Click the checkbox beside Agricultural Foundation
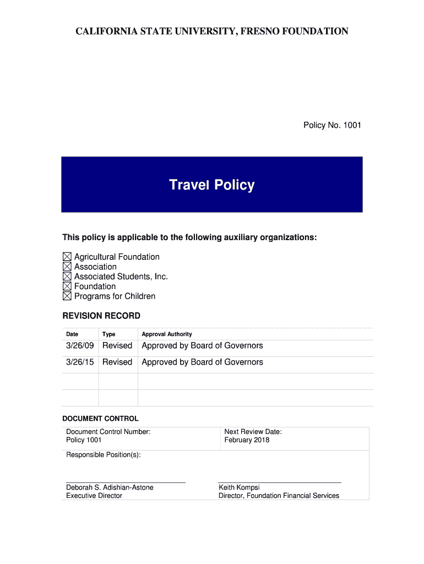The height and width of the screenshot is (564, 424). click(x=67, y=257)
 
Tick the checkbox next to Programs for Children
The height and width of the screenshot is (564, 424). click(x=67, y=296)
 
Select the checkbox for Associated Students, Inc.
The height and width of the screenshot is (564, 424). click(x=67, y=276)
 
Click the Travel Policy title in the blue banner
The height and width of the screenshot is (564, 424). click(x=211, y=185)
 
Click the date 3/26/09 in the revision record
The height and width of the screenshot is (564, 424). click(x=80, y=346)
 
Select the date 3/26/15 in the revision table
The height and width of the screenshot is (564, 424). click(x=80, y=362)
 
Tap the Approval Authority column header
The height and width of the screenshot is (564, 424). click(x=167, y=334)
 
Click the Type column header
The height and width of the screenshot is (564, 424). click(x=108, y=334)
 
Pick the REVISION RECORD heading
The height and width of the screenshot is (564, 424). click(x=101, y=316)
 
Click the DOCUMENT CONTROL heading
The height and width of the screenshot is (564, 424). click(x=100, y=419)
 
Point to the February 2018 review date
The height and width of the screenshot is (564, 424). click(x=247, y=440)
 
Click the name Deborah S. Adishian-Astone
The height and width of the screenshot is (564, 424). click(x=110, y=487)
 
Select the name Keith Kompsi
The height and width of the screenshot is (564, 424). click(x=239, y=487)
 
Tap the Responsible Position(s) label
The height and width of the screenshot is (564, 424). click(x=104, y=455)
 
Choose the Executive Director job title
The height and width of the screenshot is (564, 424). click(x=94, y=496)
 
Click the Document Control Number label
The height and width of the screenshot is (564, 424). click(x=108, y=432)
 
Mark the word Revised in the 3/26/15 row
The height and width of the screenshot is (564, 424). click(x=117, y=362)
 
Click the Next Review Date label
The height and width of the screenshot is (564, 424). click(x=253, y=432)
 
